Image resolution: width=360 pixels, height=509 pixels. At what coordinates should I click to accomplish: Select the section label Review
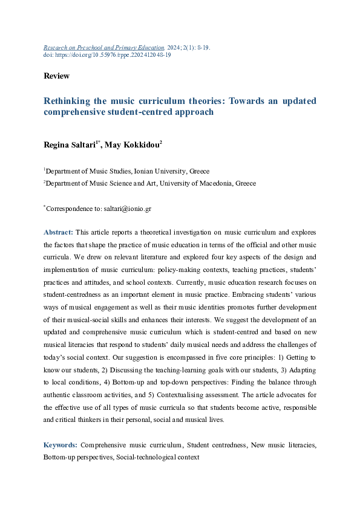click(x=56, y=76)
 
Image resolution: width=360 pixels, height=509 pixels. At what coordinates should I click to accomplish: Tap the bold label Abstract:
click(x=59, y=232)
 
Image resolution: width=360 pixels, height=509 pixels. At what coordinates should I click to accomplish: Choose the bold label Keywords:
click(x=61, y=445)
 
